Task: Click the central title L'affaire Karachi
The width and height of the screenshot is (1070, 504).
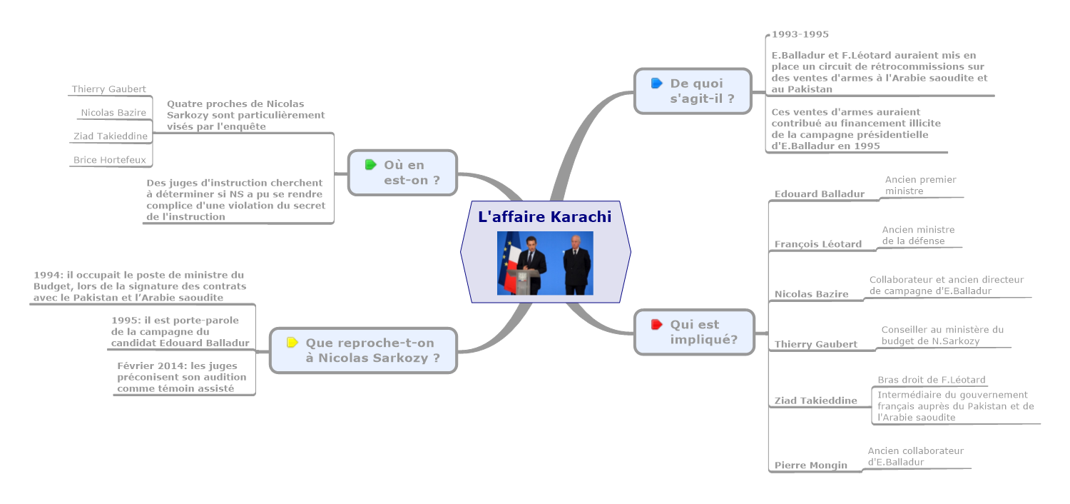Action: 544,216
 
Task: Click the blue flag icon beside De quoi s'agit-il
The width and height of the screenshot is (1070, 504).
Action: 657,84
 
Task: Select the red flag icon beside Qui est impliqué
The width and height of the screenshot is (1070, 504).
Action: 657,325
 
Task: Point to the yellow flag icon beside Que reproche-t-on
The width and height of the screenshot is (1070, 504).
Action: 292,343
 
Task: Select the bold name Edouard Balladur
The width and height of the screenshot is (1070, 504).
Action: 819,193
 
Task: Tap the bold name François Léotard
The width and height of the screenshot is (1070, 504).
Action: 817,244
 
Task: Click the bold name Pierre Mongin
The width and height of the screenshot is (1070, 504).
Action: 810,465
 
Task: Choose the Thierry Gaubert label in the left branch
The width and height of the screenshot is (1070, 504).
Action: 108,89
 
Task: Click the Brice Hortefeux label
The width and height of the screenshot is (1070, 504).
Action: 109,160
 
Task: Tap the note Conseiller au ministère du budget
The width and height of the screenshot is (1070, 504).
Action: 942,335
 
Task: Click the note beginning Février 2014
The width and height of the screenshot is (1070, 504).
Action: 181,377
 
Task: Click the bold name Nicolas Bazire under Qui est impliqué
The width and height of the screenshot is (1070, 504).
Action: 811,294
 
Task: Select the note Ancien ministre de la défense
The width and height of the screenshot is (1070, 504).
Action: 918,235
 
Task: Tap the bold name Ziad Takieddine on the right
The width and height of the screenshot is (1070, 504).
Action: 815,400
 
